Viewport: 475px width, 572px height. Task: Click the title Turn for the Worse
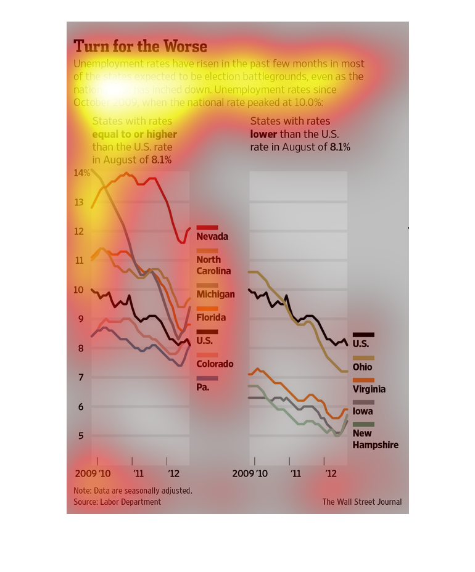[x=140, y=46]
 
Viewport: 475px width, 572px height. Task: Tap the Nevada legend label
[x=212, y=237]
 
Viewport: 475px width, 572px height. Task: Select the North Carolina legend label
[x=213, y=265]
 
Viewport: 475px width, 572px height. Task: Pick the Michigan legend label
[x=215, y=294]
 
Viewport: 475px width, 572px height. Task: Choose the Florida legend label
[x=211, y=317]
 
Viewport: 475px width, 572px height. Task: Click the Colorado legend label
[x=215, y=364]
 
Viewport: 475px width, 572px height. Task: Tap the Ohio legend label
[x=362, y=367]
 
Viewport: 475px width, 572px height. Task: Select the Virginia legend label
[x=369, y=389]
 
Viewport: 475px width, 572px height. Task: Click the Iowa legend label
[x=363, y=411]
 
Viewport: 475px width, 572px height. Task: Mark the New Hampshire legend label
[x=375, y=439]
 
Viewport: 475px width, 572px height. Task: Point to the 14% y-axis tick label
[x=81, y=173]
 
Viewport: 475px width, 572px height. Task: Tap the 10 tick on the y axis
[x=78, y=290]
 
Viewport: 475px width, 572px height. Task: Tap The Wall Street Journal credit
[x=361, y=502]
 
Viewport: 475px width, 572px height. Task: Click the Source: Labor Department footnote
[x=117, y=502]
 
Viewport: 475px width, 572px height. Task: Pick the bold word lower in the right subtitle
[x=263, y=134]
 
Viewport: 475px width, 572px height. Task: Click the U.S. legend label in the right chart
[x=361, y=344]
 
